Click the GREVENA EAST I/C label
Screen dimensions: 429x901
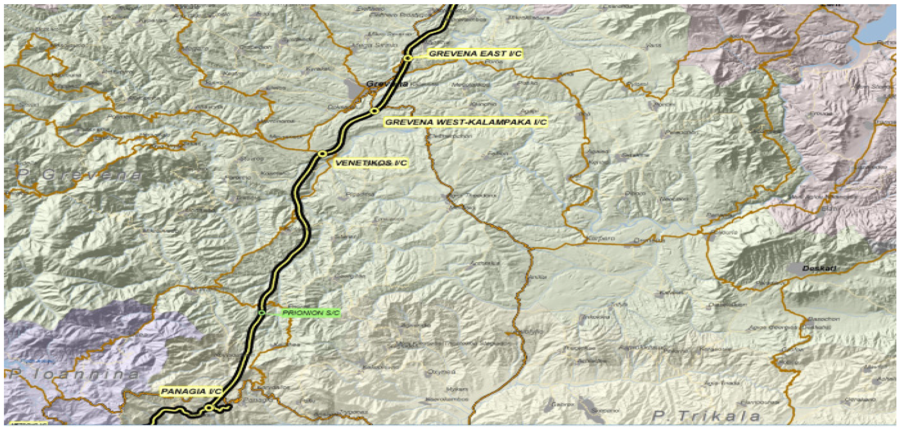pyautogui.click(x=475, y=54)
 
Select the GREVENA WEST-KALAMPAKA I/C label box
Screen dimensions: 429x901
pyautogui.click(x=466, y=122)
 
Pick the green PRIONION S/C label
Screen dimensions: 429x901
pyautogui.click(x=311, y=313)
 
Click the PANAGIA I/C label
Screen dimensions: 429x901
pyautogui.click(x=191, y=391)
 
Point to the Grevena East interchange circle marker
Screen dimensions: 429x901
pyautogui.click(x=407, y=58)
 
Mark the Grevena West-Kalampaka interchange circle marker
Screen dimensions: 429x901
pyautogui.click(x=375, y=111)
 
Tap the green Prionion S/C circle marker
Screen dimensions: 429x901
pyautogui.click(x=262, y=312)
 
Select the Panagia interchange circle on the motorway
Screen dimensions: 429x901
pyautogui.click(x=209, y=408)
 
